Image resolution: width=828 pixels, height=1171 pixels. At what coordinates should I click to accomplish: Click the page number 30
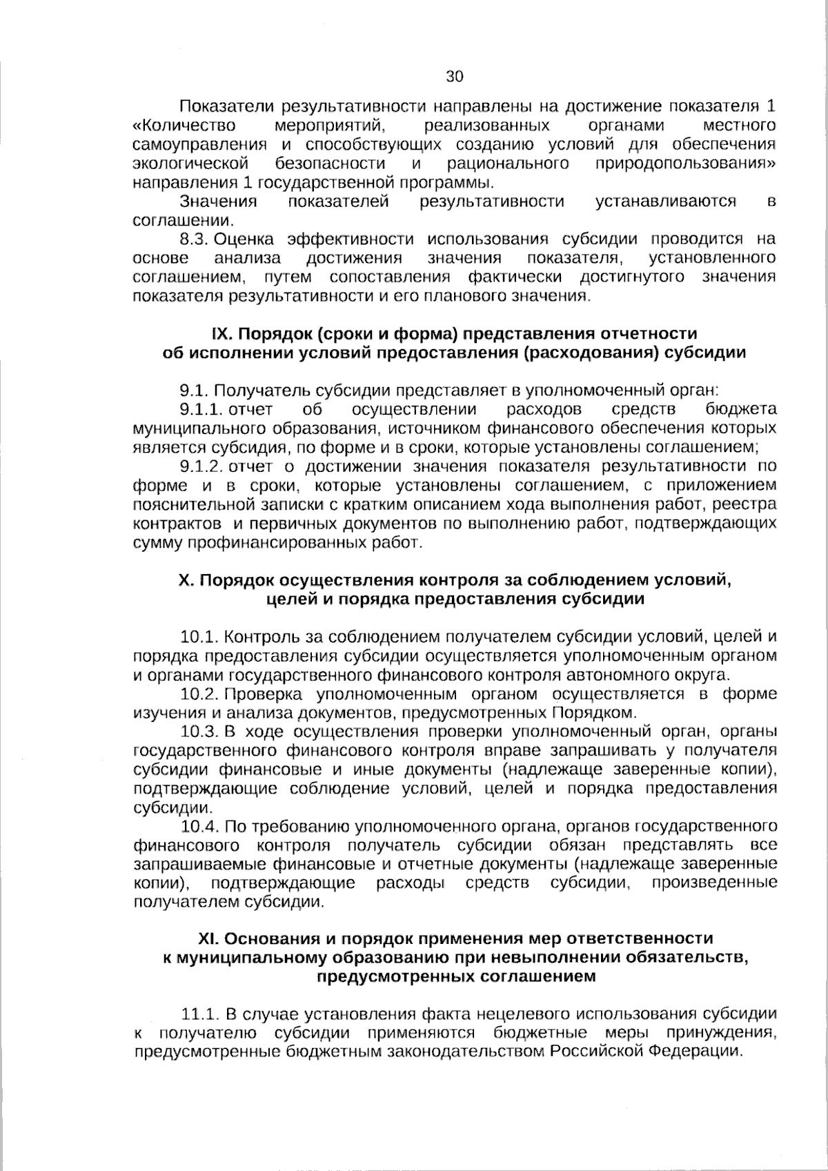pyautogui.click(x=455, y=77)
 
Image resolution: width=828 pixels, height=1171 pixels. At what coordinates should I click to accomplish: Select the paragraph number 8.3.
pyautogui.click(x=194, y=239)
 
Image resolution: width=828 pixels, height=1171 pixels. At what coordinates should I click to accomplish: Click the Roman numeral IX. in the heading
pyautogui.click(x=222, y=334)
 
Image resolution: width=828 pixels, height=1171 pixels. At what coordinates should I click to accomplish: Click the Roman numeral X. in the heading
pyautogui.click(x=186, y=580)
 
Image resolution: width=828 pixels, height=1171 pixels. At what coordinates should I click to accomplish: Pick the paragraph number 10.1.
pyautogui.click(x=200, y=636)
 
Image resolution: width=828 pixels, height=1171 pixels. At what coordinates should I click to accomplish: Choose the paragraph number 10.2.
pyautogui.click(x=200, y=693)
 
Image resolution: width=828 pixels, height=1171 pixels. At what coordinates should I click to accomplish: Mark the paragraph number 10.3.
pyautogui.click(x=200, y=731)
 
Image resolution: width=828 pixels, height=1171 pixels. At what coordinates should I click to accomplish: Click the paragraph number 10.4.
pyautogui.click(x=200, y=826)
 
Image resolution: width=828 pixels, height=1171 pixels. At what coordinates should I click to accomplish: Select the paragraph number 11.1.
pyautogui.click(x=200, y=1014)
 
